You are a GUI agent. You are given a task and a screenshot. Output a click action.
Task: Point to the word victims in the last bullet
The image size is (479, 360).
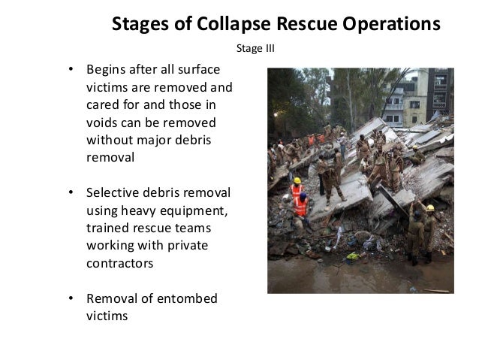tap(107, 316)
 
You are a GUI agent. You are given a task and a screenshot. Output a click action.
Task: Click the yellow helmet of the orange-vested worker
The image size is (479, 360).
tap(297, 181)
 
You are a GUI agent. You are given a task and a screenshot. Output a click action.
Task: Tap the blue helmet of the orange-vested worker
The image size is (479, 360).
tap(303, 195)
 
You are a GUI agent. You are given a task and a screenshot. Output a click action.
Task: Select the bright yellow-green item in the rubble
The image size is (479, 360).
tap(352, 256)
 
